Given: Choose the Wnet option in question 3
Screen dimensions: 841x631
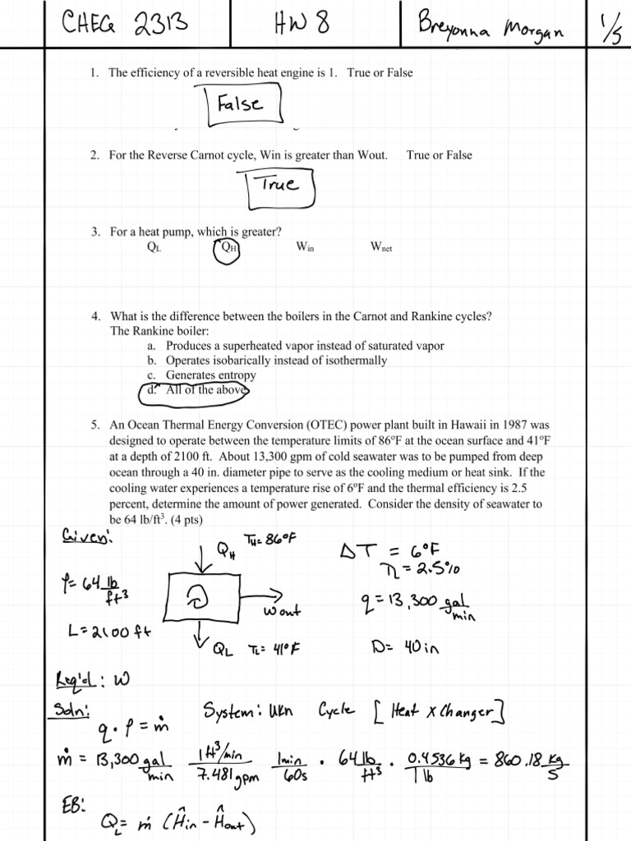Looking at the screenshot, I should coord(381,246).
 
